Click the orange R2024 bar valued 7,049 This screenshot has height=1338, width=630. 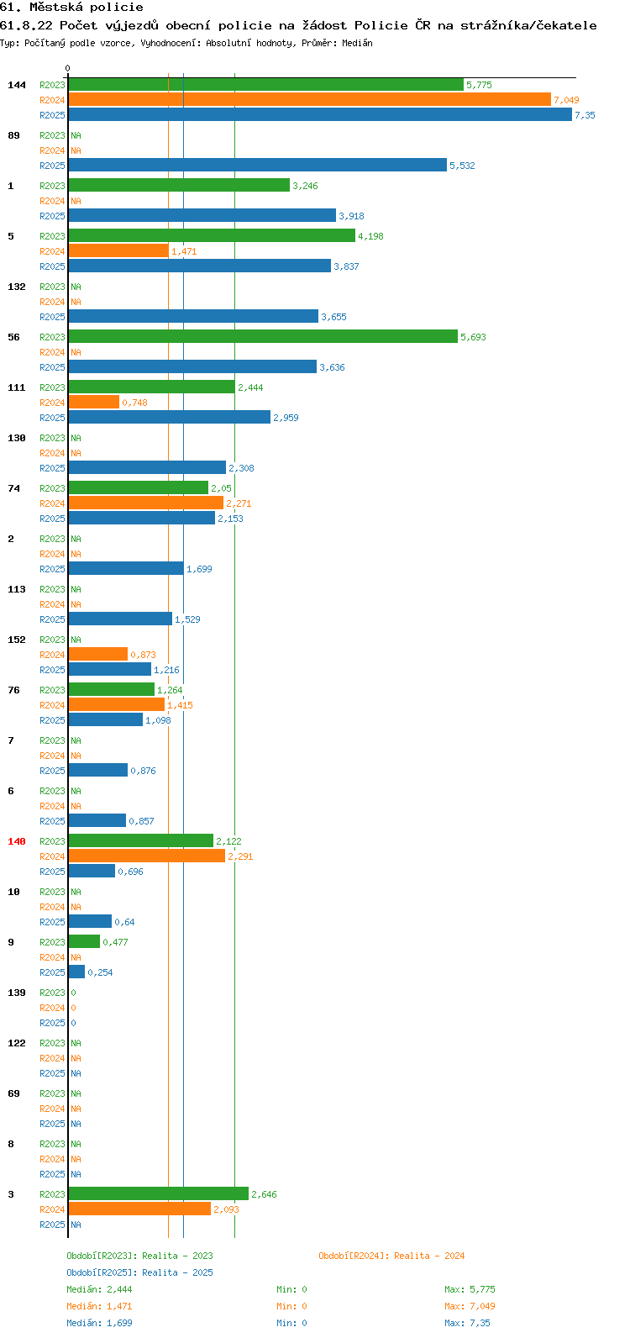pos(309,100)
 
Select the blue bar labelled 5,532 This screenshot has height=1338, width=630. pos(257,165)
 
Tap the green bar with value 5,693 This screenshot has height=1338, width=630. pos(263,337)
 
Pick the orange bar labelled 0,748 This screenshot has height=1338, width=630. pos(94,403)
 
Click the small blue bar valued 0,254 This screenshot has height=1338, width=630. pos(76,972)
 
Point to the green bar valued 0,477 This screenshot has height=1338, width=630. pos(84,942)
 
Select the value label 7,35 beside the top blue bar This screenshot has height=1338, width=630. pos(585,115)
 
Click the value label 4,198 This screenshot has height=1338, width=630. pos(370,236)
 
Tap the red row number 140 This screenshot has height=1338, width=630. pos(17,841)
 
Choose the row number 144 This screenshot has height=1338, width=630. pos(17,86)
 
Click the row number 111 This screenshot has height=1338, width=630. pos(17,387)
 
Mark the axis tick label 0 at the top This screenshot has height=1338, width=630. pos(67,68)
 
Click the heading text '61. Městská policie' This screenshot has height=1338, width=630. pos(71,8)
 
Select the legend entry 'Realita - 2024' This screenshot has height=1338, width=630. pos(429,1256)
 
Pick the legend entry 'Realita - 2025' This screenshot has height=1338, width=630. pos(177,1272)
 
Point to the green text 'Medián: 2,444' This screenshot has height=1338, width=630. pos(99,1289)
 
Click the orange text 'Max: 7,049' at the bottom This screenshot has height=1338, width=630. pos(470,1306)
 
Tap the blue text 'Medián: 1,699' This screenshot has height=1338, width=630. pos(99,1323)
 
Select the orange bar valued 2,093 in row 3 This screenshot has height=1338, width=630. pos(139,1209)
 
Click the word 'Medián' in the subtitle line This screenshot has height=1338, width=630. pos(357,43)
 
